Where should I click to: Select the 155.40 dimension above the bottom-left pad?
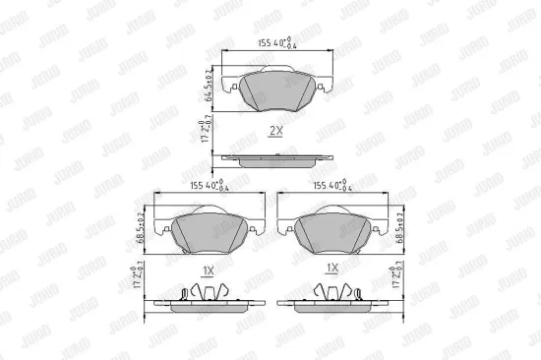[x=197, y=184]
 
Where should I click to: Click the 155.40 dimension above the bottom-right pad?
[x=333, y=184]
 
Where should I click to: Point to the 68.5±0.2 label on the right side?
[x=398, y=227]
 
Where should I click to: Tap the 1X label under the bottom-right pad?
[x=332, y=269]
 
